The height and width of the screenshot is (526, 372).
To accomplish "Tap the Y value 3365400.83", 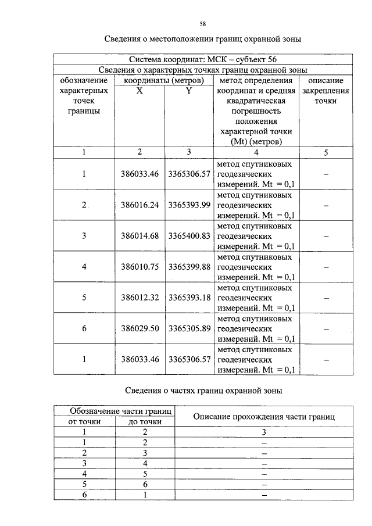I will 189,236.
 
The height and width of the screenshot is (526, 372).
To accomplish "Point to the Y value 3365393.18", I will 189,298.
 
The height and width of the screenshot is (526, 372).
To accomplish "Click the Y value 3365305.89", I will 189,328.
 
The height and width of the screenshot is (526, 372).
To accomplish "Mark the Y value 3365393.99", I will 189,205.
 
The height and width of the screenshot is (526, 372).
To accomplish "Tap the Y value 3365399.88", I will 189,267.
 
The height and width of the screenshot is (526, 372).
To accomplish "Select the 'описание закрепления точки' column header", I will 325,91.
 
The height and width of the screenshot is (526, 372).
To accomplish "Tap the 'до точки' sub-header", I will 145,421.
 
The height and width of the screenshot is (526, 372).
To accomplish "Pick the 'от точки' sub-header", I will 85,421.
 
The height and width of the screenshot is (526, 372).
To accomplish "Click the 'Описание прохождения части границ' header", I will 264,416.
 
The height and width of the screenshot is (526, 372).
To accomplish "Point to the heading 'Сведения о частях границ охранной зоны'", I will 204,391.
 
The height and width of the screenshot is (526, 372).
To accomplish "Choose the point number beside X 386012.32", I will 84,298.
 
